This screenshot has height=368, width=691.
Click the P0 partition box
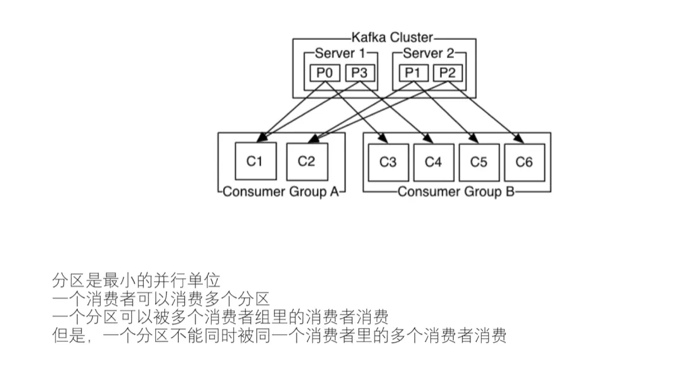325,73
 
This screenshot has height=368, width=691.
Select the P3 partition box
359,73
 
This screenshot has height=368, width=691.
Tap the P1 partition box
413,73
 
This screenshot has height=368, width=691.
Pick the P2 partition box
448,73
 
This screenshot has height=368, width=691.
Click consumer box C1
254,162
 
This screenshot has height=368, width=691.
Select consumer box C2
306,162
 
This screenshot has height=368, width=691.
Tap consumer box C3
388,162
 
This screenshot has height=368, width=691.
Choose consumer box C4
434,162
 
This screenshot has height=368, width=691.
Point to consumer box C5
479,162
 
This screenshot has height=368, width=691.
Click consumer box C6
524,162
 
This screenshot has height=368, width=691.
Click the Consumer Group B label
456,192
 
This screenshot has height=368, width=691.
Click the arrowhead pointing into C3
383,139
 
